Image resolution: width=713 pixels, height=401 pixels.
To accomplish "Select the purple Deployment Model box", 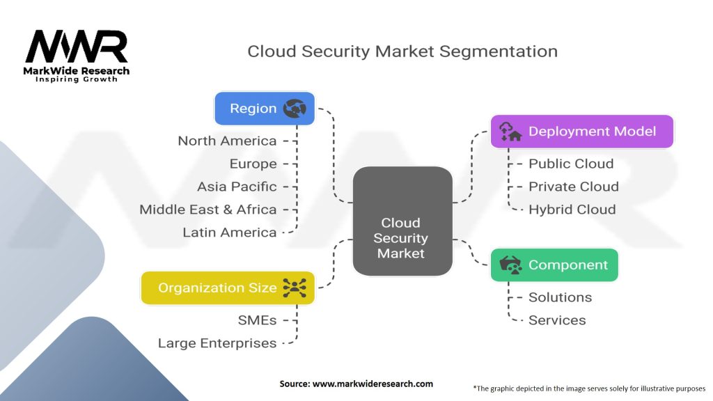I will [x=582, y=132].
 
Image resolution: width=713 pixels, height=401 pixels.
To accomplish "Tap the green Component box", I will [x=554, y=265].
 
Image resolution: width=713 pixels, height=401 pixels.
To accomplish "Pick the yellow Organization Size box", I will [x=228, y=288].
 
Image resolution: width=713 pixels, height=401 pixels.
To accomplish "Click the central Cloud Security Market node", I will [x=400, y=238].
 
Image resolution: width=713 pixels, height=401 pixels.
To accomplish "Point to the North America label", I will [x=227, y=141].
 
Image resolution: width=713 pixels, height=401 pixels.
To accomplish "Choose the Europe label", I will [x=253, y=164].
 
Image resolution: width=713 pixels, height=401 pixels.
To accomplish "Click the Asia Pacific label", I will [x=237, y=187].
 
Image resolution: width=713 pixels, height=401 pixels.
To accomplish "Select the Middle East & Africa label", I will [x=207, y=210].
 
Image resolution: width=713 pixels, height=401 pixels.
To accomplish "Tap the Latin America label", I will [x=229, y=233].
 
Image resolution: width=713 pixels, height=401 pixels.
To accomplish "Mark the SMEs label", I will [x=258, y=320].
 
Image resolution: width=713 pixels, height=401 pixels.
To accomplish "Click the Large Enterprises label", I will [x=217, y=343].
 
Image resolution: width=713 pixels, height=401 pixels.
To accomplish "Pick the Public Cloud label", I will [x=571, y=164].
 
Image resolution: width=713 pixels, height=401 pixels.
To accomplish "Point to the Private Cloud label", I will [x=574, y=187].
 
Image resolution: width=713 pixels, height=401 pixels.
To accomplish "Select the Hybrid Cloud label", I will [x=572, y=210].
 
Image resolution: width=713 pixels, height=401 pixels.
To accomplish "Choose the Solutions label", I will [x=560, y=297].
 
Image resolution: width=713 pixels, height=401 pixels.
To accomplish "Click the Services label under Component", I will [x=557, y=320].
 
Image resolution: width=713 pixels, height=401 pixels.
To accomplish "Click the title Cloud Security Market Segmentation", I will [x=402, y=52].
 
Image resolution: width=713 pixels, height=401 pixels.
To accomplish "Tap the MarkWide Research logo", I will [x=77, y=56].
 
